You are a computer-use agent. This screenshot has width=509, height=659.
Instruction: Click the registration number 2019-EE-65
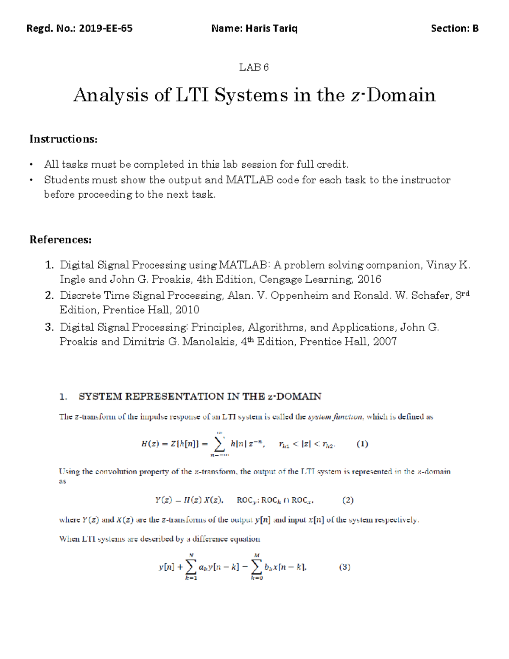tap(106, 28)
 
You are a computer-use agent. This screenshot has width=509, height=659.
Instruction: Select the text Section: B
tap(455, 28)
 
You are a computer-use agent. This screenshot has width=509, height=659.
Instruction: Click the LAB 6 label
tap(254, 67)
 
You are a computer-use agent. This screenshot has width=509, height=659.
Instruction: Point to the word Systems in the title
tap(251, 95)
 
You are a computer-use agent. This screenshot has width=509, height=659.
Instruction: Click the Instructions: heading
tap(63, 139)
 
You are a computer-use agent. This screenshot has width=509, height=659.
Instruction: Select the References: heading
tap(60, 240)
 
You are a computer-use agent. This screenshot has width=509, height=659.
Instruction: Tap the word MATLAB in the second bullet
tap(250, 180)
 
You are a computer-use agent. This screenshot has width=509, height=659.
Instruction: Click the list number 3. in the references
tap(49, 327)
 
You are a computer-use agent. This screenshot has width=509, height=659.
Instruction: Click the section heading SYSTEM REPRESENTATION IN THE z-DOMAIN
tap(200, 396)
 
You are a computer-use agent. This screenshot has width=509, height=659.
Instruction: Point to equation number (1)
tap(362, 444)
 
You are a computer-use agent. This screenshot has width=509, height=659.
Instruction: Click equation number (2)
tap(348, 500)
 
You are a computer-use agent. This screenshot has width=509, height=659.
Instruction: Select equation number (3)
tap(344, 567)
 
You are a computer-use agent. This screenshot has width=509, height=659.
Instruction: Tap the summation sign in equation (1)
tap(219, 444)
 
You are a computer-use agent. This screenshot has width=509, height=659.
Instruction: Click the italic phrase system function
tap(335, 417)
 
